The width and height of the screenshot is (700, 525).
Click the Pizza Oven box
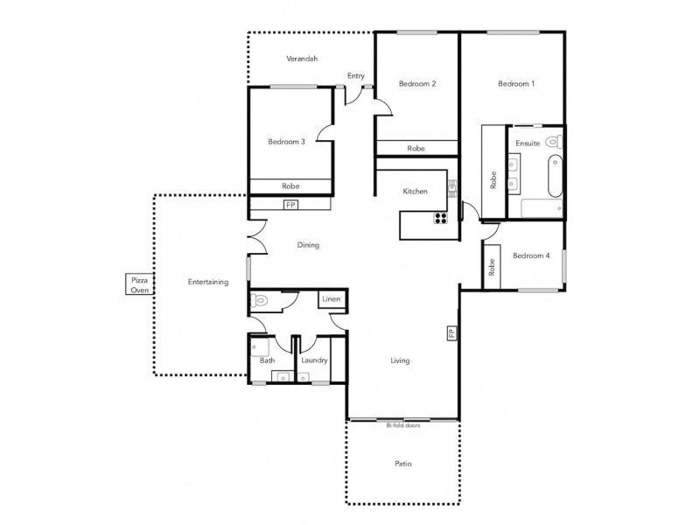(139, 284)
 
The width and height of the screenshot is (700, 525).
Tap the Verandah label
(302, 59)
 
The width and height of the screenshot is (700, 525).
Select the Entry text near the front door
(355, 76)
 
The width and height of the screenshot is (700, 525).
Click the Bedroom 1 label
(516, 84)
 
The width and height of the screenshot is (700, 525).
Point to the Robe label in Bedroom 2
(416, 149)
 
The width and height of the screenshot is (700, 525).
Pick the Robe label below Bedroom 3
(291, 186)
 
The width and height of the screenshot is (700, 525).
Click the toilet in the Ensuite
(551, 141)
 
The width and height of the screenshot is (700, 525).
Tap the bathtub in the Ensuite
(553, 177)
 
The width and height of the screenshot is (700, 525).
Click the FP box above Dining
(290, 205)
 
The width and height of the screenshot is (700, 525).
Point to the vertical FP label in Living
(451, 334)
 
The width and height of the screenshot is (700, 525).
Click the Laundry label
(313, 360)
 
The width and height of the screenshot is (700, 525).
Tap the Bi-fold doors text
(403, 425)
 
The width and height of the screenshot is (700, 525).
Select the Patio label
(402, 464)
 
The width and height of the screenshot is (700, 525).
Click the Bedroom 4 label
(530, 255)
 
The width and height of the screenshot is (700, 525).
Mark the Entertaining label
(208, 282)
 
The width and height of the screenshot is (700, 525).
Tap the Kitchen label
(415, 192)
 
